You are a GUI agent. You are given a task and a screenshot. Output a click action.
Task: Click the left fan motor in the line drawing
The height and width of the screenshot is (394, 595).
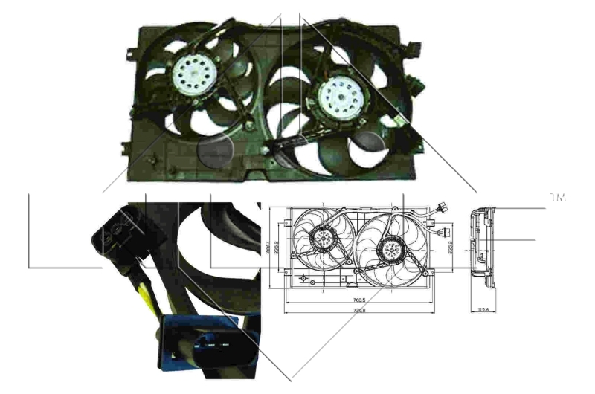[x=322, y=238]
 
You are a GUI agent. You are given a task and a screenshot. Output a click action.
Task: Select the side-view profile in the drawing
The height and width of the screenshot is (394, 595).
[x=482, y=249]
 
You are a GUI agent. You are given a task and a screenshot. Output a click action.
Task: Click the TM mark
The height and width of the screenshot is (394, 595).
[x=557, y=198]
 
